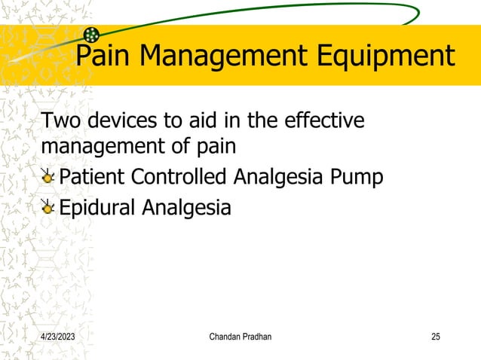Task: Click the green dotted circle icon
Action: click(x=91, y=34)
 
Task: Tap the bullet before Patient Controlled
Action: click(x=47, y=178)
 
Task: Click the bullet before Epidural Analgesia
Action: click(x=47, y=207)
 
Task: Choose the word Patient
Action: click(x=92, y=177)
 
